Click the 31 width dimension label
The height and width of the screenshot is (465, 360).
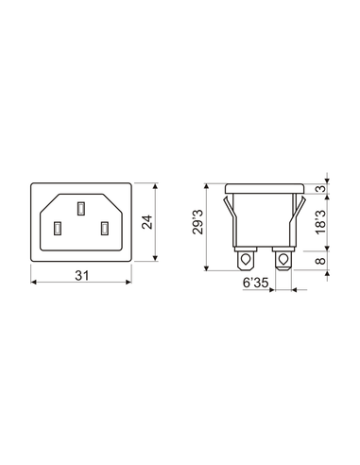point(82,276)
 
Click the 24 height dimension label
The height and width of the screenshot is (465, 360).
point(146,222)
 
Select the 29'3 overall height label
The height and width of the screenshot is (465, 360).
point(197,222)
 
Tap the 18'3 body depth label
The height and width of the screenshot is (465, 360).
point(320,222)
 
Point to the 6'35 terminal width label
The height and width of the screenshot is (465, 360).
point(255,283)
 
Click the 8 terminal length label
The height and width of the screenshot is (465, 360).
point(320,261)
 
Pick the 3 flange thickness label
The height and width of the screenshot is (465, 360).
point(320,189)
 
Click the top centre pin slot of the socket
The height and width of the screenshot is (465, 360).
point(81,209)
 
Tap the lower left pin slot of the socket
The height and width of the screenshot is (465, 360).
point(58,229)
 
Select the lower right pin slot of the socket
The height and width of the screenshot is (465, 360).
point(105,229)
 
